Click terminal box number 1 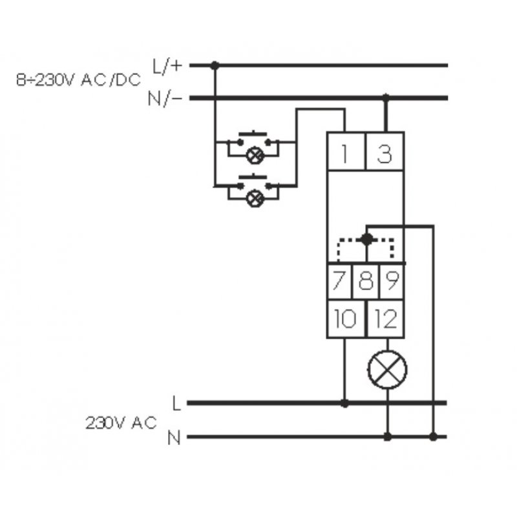(x=346, y=154)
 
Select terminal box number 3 (x=385, y=154)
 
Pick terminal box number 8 (x=366, y=282)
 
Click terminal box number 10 (x=346, y=319)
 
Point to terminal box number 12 (x=386, y=319)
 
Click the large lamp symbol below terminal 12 (x=387, y=370)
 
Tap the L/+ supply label (x=167, y=65)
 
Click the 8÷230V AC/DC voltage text (x=78, y=81)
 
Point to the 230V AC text (x=121, y=423)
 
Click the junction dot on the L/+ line (x=215, y=65)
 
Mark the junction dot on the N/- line (x=386, y=98)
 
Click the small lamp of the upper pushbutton (x=257, y=155)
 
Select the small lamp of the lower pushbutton (x=257, y=198)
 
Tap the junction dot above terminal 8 (x=366, y=239)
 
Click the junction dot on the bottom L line (x=344, y=403)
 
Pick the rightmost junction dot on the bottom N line (x=433, y=438)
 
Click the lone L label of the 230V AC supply (x=176, y=403)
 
